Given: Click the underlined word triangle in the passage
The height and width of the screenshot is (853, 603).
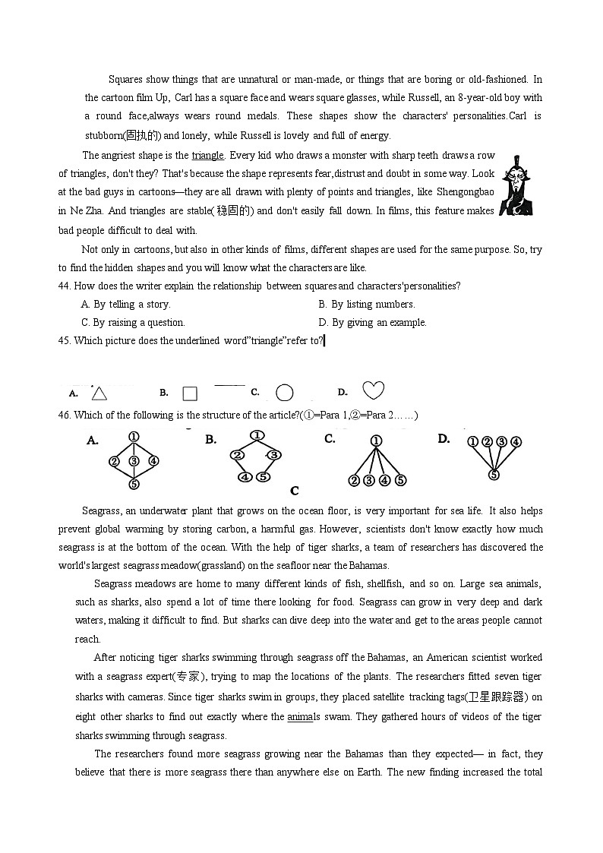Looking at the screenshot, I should pos(207,156).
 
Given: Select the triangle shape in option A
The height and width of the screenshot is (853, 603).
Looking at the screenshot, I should pos(99,393).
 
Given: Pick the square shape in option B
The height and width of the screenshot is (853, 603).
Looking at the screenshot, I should pos(190,393).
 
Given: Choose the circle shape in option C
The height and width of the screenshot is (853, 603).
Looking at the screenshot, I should pos(284,393).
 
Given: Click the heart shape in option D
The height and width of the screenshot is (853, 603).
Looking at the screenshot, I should pos(373,390).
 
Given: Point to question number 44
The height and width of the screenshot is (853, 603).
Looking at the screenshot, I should pos(65,286).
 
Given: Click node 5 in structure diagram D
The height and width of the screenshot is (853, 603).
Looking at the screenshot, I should pos(494,475).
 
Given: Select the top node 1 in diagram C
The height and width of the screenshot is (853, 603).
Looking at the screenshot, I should pos(377,441).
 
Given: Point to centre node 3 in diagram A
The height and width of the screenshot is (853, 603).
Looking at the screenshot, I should pos(134,460).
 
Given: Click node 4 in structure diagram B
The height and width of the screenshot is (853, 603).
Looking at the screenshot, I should pos(245,477).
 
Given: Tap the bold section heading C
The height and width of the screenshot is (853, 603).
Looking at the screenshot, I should pos(295,491).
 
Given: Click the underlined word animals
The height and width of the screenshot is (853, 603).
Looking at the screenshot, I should pos(300,716).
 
